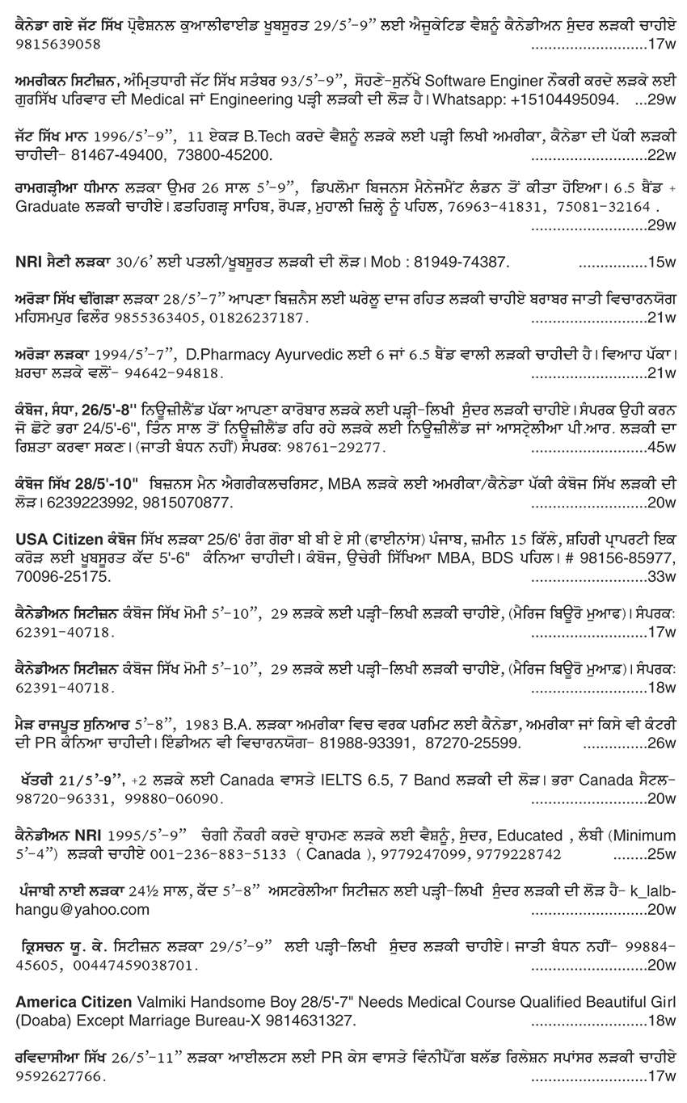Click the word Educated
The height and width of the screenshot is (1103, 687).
pyautogui.click(x=530, y=835)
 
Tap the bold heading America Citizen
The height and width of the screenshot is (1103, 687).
pyautogui.click(x=74, y=1002)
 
